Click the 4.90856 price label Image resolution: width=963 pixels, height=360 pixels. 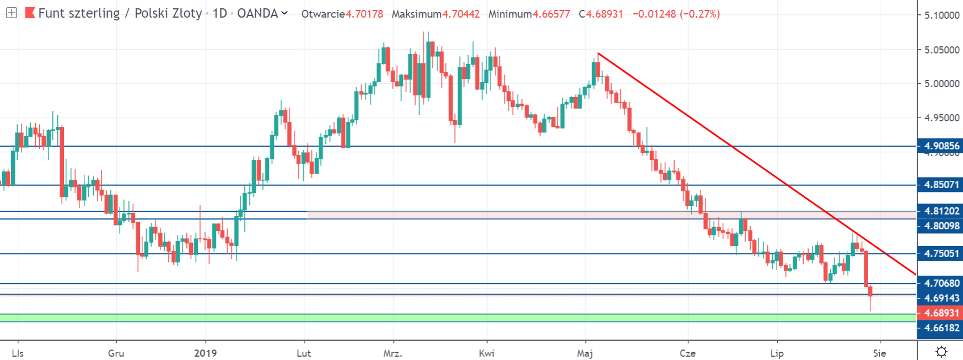942,146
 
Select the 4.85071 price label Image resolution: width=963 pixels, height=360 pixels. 942,185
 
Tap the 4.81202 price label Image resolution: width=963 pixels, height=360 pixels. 942,211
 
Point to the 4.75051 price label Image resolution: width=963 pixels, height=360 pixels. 942,254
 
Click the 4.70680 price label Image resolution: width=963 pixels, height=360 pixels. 942,283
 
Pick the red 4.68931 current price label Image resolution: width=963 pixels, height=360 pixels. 942,313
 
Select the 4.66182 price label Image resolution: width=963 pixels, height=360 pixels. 942,328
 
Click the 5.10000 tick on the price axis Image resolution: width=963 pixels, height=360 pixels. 942,15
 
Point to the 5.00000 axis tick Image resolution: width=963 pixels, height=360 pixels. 942,83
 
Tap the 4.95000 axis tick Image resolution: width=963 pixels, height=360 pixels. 942,117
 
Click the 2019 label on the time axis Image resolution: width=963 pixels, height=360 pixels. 206,353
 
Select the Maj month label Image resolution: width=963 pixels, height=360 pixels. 585,353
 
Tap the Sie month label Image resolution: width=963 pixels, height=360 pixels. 880,353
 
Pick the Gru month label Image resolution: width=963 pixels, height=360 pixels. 116,353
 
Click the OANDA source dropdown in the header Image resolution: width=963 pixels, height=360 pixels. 262,13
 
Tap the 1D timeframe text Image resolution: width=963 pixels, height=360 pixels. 220,13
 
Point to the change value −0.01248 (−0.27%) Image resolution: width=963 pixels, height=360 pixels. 676,14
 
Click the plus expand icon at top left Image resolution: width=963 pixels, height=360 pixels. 11,13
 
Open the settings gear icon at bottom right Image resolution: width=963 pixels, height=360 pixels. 942,352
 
